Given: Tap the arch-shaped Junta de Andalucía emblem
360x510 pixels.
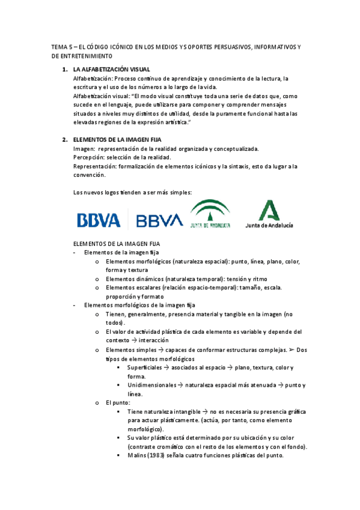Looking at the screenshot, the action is coord(210,215).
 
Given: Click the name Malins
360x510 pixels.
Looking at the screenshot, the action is coord(138,455).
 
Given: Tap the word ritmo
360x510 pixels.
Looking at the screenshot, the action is coord(260,279).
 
